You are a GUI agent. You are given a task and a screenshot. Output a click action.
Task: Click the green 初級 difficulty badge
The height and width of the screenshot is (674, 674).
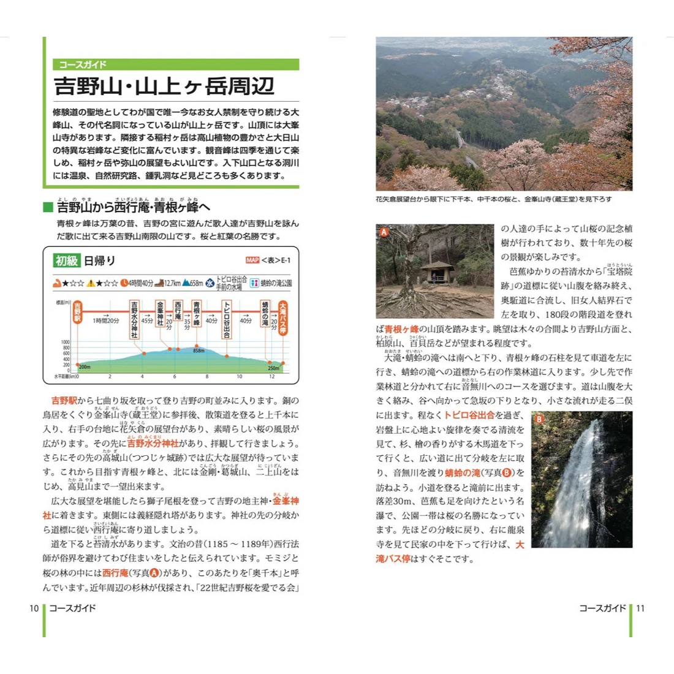(67, 260)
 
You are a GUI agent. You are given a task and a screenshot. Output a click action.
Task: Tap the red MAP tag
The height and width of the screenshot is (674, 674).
(252, 260)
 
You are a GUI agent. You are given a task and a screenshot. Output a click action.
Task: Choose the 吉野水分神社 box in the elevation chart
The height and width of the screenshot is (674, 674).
(135, 319)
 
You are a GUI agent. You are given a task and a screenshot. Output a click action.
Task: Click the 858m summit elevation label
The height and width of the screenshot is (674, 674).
(199, 351)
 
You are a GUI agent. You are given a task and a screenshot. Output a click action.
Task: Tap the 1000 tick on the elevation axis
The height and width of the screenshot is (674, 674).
(65, 343)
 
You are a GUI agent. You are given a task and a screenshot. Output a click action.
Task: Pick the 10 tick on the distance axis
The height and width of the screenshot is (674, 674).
(239, 376)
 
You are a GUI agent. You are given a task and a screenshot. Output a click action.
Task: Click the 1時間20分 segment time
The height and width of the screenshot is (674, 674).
(106, 320)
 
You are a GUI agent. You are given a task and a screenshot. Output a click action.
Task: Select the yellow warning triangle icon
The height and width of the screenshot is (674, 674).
(90, 283)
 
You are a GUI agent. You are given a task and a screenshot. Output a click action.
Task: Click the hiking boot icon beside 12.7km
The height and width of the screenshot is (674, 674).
(159, 283)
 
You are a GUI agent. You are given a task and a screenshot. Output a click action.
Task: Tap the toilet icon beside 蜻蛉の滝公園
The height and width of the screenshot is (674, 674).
(254, 283)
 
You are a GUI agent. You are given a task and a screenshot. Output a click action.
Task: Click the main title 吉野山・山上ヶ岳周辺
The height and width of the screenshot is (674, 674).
(164, 86)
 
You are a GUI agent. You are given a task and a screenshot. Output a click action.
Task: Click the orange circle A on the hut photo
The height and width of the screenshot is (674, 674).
(384, 232)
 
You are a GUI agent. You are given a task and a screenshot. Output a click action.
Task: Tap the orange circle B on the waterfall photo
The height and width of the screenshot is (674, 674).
(539, 419)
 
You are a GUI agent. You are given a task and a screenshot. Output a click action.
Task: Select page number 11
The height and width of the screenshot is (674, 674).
(640, 608)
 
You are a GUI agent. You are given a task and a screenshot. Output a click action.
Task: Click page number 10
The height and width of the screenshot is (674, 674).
(34, 608)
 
